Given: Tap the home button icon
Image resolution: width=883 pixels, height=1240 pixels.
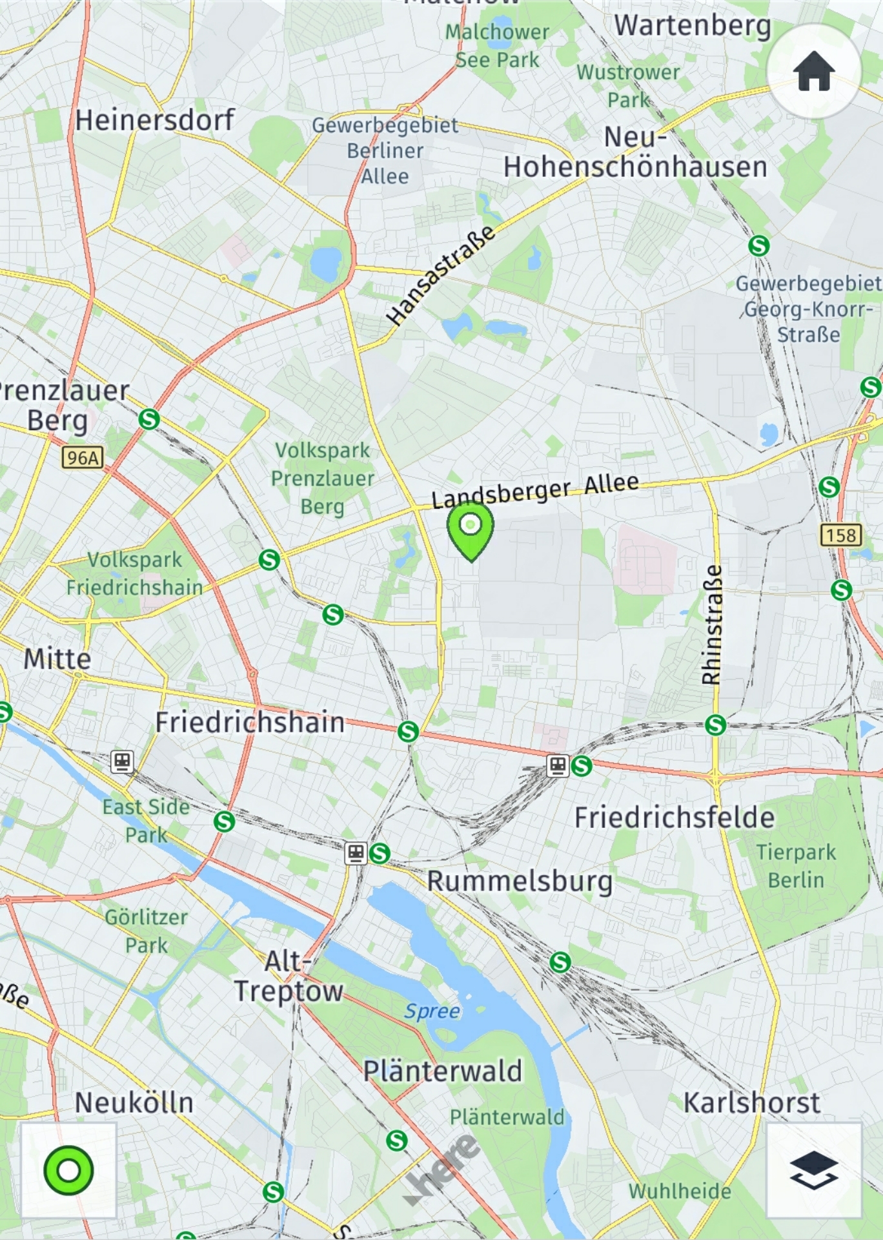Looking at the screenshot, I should [x=814, y=71].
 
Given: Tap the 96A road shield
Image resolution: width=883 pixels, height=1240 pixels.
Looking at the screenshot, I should [x=83, y=458].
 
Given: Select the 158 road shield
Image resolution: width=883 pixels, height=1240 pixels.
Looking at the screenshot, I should [x=841, y=535].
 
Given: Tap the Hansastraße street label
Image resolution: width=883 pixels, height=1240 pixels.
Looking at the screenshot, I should [x=440, y=275].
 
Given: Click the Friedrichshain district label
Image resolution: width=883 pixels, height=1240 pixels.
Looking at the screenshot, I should [x=250, y=722].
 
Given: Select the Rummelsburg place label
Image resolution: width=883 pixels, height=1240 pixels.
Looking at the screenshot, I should [x=520, y=881].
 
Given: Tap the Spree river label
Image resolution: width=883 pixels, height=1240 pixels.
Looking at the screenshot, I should [x=432, y=1011].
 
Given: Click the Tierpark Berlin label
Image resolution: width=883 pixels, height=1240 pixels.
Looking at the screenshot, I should [x=796, y=866].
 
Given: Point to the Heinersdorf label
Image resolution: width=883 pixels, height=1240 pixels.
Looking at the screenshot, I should [x=154, y=120].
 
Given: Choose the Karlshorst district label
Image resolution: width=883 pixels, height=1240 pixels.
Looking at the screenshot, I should [x=751, y=1102].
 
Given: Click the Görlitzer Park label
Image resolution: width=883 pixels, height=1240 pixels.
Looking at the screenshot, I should [x=146, y=931].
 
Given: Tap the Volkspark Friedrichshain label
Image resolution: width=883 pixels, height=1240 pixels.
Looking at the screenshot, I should [x=134, y=573].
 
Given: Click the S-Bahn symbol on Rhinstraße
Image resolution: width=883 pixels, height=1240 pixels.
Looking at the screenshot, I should [x=715, y=725].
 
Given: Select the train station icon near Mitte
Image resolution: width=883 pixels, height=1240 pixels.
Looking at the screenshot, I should [x=122, y=761].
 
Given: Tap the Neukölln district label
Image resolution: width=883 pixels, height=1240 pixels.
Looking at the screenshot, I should [x=134, y=1102].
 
